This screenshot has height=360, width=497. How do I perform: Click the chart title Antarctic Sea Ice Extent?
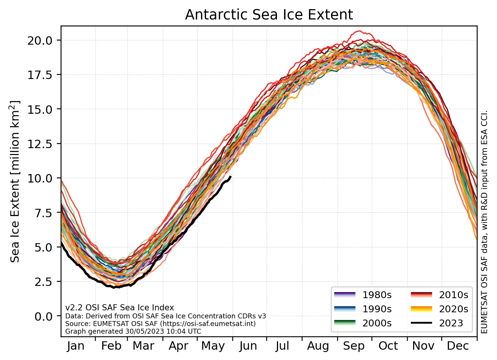point(269,15)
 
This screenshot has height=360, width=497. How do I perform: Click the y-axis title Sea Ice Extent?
point(15,181)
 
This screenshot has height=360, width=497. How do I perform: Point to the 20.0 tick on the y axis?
point(42,40)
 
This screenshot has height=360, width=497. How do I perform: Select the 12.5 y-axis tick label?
point(42,144)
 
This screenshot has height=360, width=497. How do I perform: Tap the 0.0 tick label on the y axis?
point(45,316)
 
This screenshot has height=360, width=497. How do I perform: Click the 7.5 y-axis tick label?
point(45,213)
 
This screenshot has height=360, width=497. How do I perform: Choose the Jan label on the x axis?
point(76,346)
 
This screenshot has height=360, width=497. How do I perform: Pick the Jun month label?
point(248,346)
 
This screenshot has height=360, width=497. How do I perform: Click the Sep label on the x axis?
point(354,346)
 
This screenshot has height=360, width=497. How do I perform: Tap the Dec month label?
point(458,346)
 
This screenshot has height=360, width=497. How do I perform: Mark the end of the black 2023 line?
point(231,176)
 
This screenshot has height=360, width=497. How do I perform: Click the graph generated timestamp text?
point(133,331)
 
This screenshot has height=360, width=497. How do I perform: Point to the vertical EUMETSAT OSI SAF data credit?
point(484,221)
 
